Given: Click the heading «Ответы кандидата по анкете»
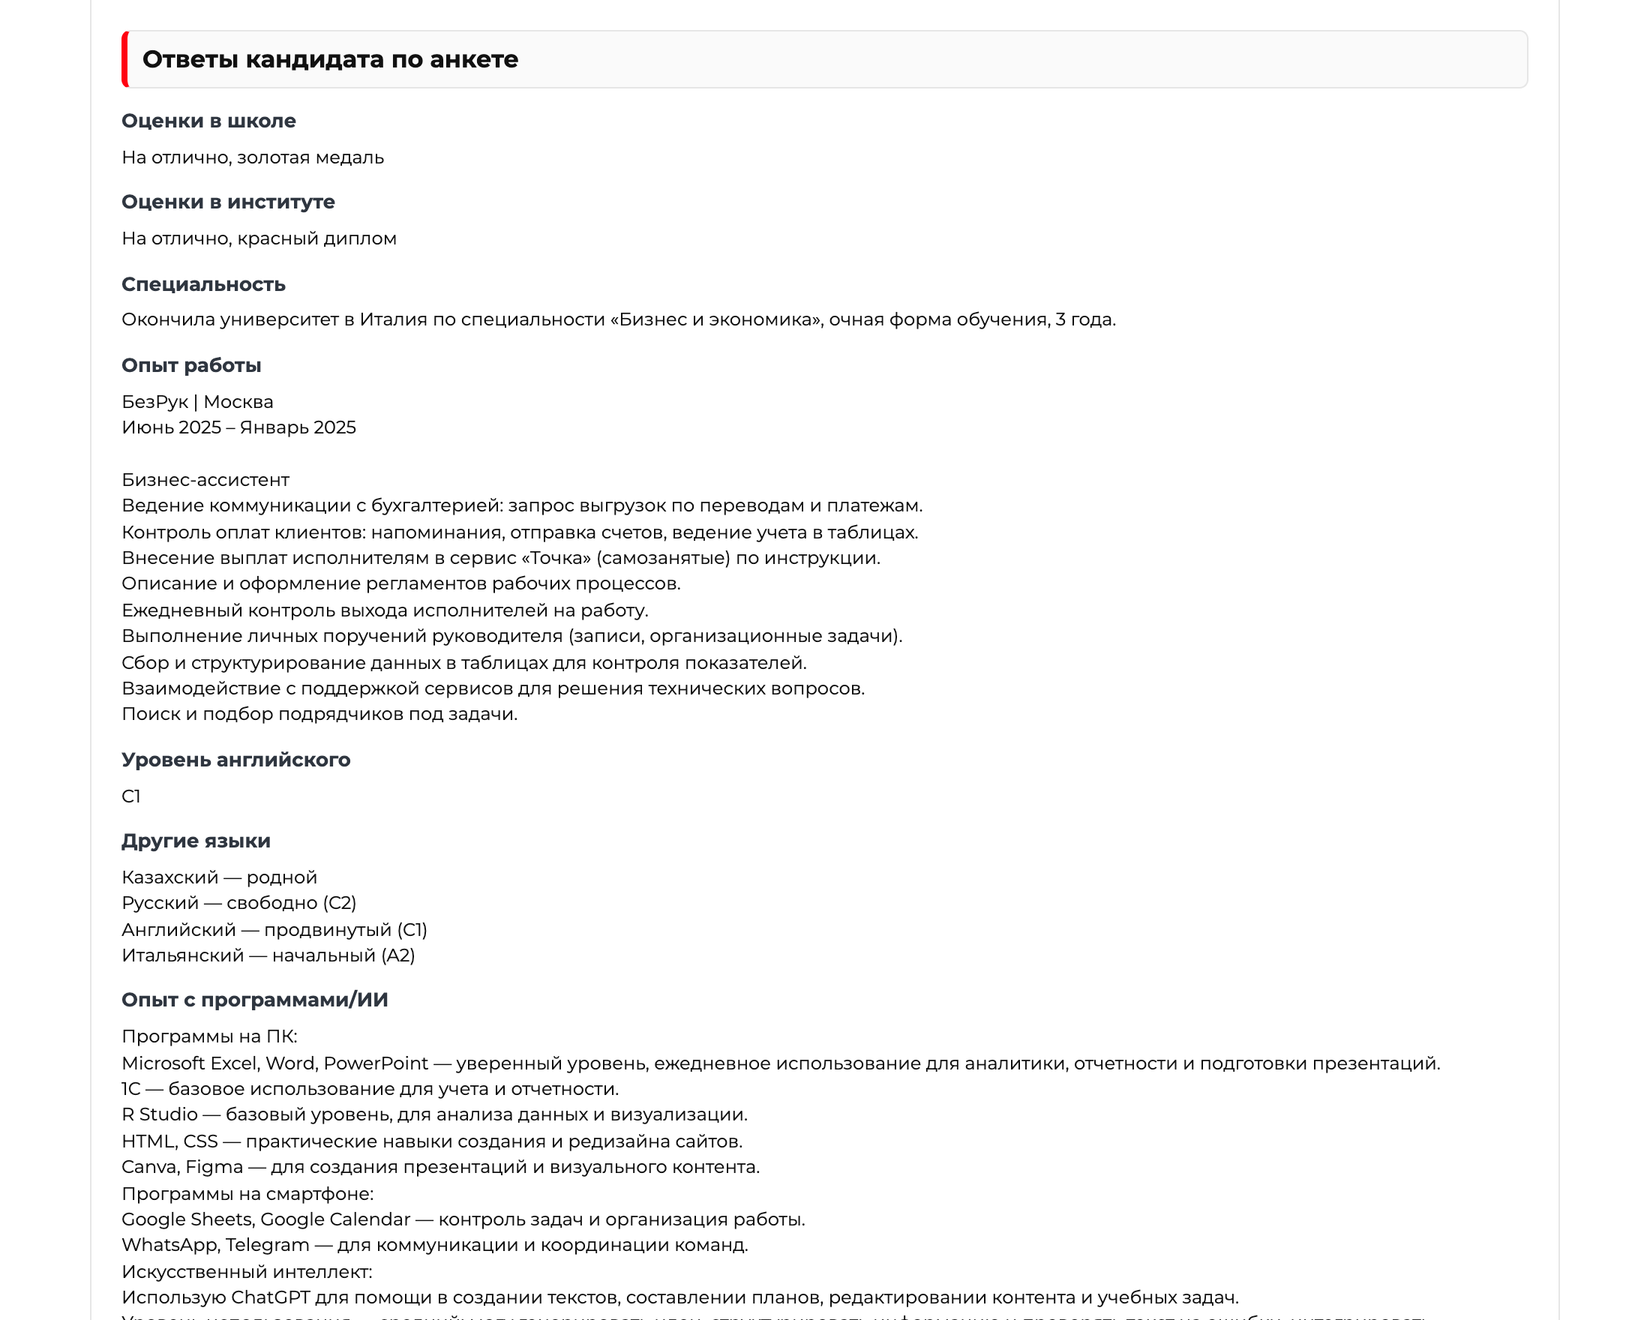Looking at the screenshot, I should point(330,60).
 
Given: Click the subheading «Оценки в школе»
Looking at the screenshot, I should point(208,121).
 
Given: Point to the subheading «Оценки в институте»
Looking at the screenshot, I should point(228,202).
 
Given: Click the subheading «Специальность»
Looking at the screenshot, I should point(203,285).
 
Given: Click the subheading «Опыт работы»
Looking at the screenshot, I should point(191,366).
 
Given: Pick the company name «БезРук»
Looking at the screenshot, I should point(154,402).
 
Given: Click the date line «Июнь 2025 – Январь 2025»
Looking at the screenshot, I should point(238,427).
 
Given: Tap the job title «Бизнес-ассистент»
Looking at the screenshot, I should point(205,480).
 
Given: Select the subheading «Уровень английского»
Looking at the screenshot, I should point(235,760).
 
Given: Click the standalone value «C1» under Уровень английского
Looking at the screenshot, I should point(130,796).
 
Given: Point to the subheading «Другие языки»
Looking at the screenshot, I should point(196,841).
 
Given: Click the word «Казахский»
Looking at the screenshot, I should point(170,877).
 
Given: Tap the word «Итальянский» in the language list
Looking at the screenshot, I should point(183,955).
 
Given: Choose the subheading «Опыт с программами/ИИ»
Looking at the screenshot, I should point(255,1000).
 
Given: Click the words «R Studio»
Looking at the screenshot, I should point(159,1115).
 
